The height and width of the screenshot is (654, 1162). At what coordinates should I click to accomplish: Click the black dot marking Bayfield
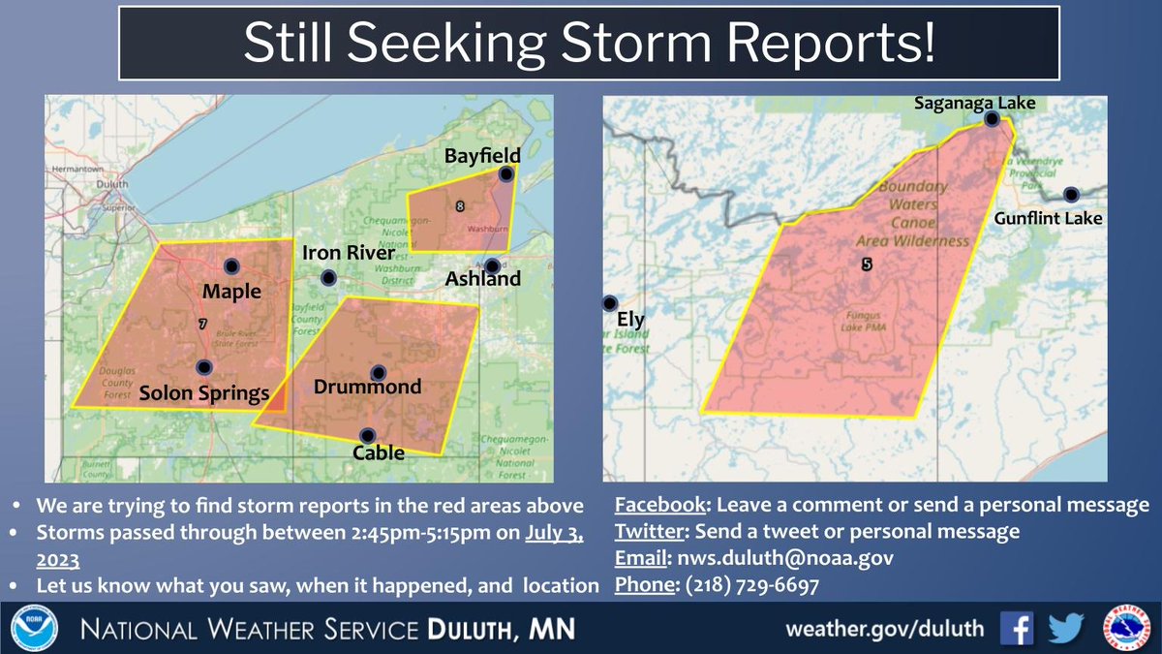click(505, 174)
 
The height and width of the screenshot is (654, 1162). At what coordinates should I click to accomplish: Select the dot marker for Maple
click(231, 266)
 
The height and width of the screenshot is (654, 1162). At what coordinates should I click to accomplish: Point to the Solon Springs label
click(203, 393)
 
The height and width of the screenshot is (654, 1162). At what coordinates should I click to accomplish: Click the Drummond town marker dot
click(378, 373)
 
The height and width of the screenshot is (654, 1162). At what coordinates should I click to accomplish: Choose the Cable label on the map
click(379, 452)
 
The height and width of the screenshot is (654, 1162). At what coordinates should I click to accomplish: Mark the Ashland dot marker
click(493, 265)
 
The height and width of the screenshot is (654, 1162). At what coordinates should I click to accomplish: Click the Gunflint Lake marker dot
click(1070, 194)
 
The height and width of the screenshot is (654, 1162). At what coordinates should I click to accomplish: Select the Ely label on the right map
click(629, 320)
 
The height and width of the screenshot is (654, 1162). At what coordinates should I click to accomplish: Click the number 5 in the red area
click(867, 264)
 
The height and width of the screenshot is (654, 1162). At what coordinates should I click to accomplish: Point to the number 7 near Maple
click(201, 324)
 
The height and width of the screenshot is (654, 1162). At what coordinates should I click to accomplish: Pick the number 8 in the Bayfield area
click(459, 205)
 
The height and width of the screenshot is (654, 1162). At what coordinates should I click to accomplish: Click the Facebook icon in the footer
click(1016, 628)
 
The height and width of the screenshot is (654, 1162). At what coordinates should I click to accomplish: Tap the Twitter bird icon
click(1065, 628)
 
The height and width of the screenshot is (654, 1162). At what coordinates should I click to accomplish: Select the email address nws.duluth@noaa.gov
click(784, 558)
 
